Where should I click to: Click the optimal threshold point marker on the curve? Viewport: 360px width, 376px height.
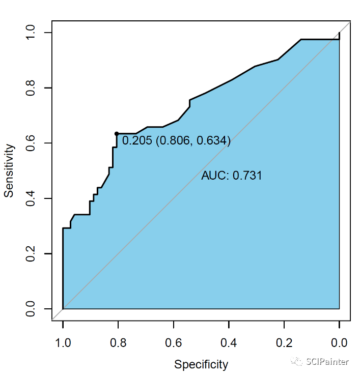tap(117, 134)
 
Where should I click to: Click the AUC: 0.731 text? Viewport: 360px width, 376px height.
tap(232, 176)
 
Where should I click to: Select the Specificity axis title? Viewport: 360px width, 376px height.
tap(201, 364)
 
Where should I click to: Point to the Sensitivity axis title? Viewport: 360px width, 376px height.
tap(9, 170)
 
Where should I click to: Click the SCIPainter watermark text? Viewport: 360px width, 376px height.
tap(327, 362)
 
